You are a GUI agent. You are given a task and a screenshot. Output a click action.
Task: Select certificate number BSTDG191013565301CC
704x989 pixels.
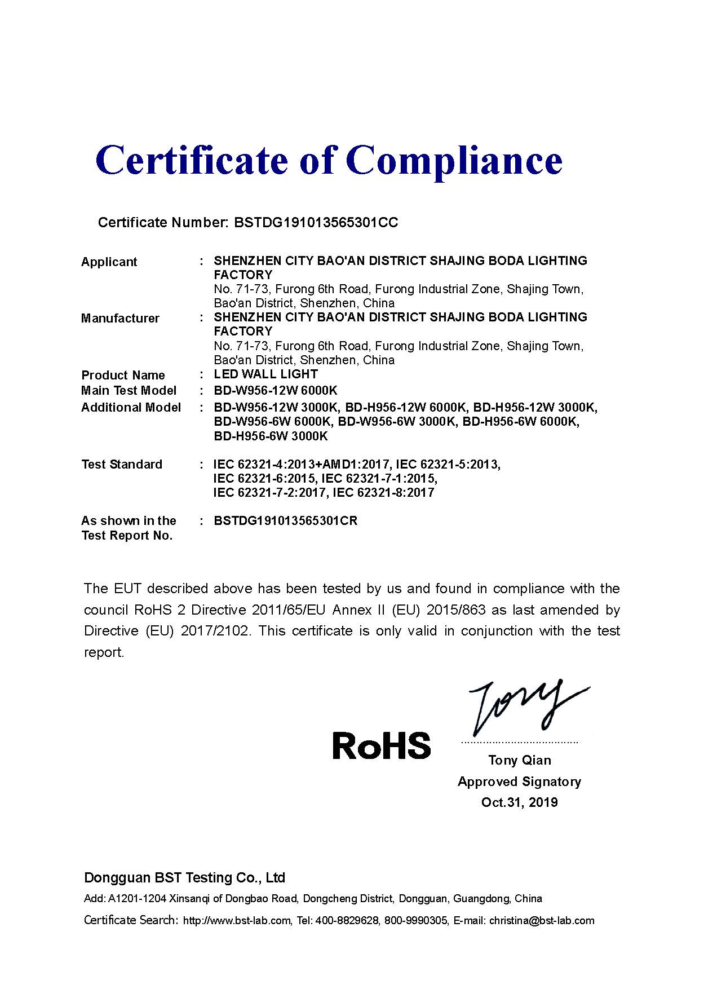(316, 223)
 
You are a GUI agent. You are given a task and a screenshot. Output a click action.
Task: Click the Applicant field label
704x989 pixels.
(109, 262)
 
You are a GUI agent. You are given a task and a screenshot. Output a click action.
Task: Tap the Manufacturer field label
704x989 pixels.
(120, 318)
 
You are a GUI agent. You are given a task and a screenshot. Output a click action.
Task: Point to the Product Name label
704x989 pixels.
(123, 375)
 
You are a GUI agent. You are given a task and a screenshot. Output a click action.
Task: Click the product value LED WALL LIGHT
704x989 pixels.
(265, 374)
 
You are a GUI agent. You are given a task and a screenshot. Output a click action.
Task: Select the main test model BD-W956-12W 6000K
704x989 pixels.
(276, 390)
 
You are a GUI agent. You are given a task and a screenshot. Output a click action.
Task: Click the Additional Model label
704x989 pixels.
(131, 407)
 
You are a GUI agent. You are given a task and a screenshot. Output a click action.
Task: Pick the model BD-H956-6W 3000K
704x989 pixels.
(271, 436)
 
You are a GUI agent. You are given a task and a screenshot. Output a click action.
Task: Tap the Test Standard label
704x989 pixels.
(121, 464)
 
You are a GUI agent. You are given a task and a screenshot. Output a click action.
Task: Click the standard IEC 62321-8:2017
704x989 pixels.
(384, 492)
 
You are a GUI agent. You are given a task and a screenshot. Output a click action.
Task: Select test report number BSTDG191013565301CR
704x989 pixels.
(286, 520)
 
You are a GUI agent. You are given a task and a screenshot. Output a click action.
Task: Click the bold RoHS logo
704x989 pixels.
(382, 745)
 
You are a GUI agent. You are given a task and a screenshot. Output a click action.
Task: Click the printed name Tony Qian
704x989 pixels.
(520, 760)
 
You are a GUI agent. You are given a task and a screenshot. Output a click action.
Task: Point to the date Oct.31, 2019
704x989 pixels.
(519, 802)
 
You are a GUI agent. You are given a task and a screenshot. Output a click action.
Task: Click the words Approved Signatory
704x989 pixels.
(519, 782)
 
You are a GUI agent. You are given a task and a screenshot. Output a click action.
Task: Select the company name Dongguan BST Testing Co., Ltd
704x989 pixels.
(184, 877)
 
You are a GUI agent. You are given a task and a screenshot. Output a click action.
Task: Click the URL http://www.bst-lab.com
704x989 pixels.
(237, 921)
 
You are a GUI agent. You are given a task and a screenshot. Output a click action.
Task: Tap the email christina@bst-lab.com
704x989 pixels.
(542, 921)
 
